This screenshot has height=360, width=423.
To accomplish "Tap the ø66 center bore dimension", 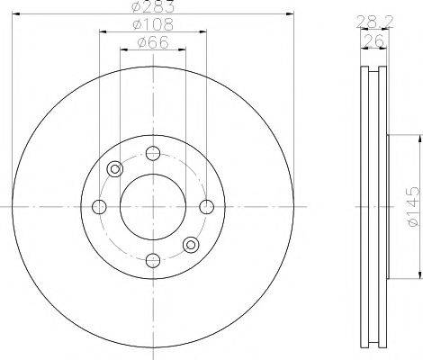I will [x=150, y=42].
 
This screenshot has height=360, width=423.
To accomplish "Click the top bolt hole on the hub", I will [x=152, y=152].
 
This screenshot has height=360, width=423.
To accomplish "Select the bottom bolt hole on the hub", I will [x=152, y=260].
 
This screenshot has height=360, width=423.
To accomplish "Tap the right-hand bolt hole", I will [x=206, y=207].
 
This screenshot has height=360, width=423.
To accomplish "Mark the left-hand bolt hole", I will [x=99, y=207].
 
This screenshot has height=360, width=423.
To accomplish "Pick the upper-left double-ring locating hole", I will [x=114, y=169].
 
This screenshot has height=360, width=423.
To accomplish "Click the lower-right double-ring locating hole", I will [x=190, y=244].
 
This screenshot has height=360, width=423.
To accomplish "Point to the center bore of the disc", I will [x=152, y=207].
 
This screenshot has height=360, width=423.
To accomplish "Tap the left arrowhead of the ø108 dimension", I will [x=102, y=32].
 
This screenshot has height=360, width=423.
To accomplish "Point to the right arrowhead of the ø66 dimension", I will [x=183, y=49].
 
